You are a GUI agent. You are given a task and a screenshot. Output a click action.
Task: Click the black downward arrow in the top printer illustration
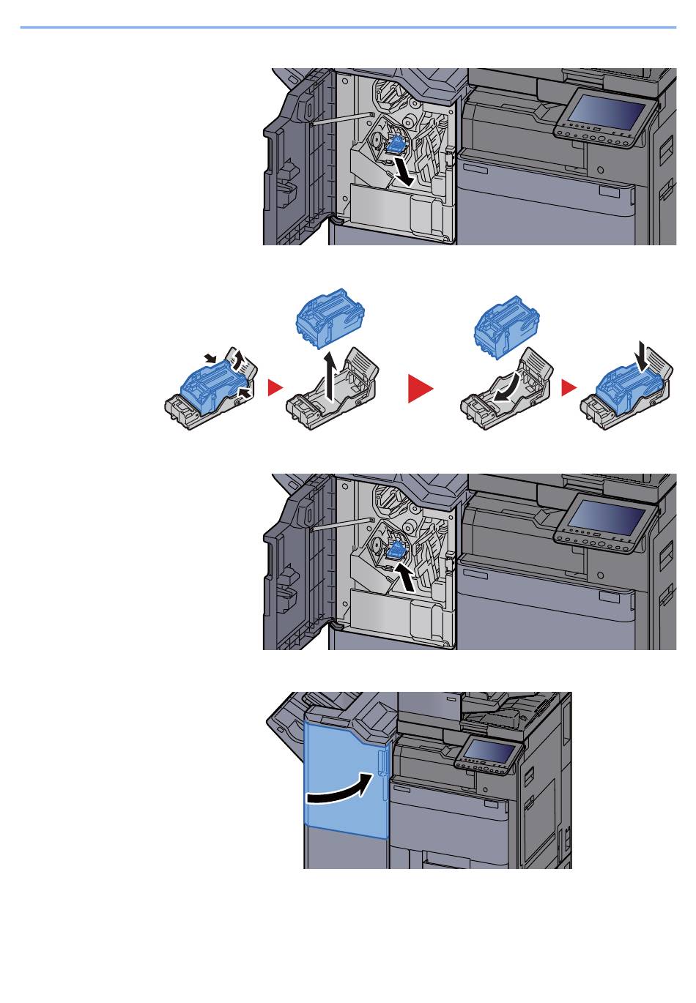click(404, 171)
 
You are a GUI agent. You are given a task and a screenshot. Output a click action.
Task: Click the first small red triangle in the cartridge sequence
click(274, 388)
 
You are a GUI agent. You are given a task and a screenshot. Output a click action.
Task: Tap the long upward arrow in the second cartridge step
click(332, 375)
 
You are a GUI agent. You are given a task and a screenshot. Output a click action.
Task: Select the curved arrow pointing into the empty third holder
click(510, 384)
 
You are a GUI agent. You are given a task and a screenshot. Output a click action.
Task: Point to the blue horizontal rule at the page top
click(348, 28)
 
